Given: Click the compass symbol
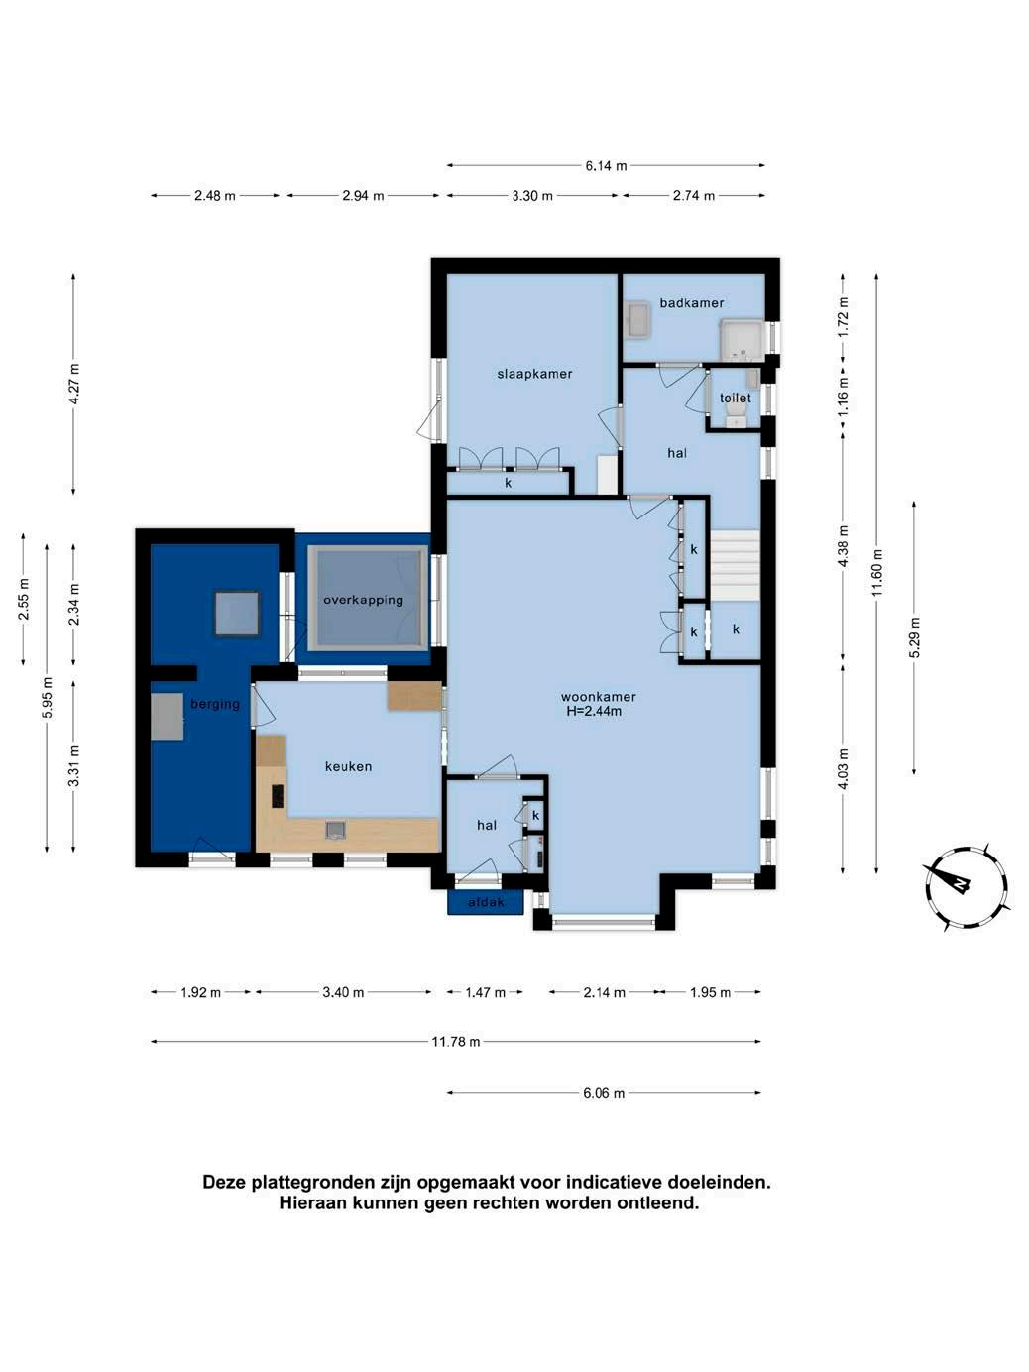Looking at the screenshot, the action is (x=966, y=887).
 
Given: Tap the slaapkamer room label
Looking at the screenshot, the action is (x=534, y=374).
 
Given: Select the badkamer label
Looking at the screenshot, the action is (x=692, y=303).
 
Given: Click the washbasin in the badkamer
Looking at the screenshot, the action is (x=638, y=320).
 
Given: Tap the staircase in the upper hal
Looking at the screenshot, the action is (x=736, y=565).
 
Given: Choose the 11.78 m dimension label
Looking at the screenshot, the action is (x=455, y=1041).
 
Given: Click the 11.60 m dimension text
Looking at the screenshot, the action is (x=877, y=572).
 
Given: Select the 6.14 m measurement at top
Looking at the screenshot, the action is (x=606, y=166).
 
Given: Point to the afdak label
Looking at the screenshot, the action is (x=486, y=902).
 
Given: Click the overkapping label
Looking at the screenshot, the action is (x=363, y=600).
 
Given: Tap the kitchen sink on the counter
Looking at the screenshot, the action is (x=335, y=830).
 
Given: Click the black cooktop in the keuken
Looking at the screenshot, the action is (x=277, y=796).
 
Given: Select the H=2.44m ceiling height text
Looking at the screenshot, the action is (x=594, y=711).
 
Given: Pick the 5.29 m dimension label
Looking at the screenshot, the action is (x=915, y=637).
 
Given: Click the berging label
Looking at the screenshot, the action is (x=215, y=704).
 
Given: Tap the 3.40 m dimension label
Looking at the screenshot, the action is (x=343, y=992).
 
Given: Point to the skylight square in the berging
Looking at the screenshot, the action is (x=237, y=614).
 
